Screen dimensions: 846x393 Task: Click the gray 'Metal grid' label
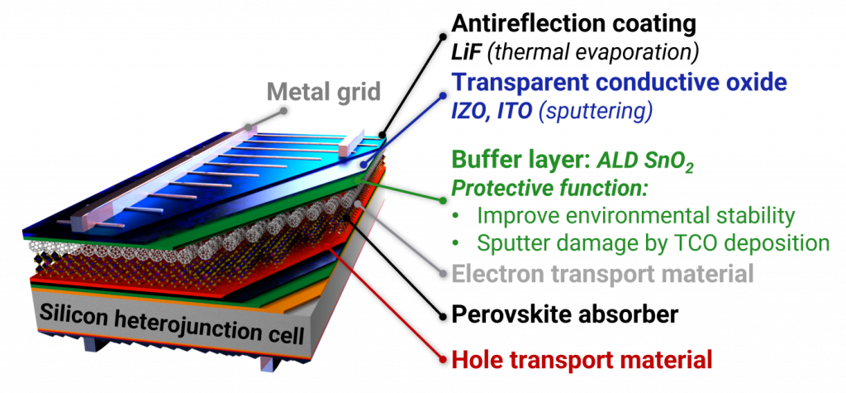coord(323,92)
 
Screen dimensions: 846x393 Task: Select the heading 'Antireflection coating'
coord(574,23)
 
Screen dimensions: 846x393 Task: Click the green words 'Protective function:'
coord(549,189)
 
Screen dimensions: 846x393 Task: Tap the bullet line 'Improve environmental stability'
coord(637,215)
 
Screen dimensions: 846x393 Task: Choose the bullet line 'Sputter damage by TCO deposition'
coord(654,243)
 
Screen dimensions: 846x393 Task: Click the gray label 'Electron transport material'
coord(602,274)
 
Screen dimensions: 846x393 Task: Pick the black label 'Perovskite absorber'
coord(564,314)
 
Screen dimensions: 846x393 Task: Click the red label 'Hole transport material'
coord(582,359)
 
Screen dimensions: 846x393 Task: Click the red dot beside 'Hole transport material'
coord(444,360)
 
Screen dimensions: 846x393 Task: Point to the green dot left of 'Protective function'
coord(444,200)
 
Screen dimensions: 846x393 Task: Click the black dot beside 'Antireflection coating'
coord(444,36)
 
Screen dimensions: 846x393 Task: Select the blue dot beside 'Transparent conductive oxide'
coord(444,98)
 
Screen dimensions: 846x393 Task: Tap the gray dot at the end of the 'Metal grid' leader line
coord(283,112)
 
